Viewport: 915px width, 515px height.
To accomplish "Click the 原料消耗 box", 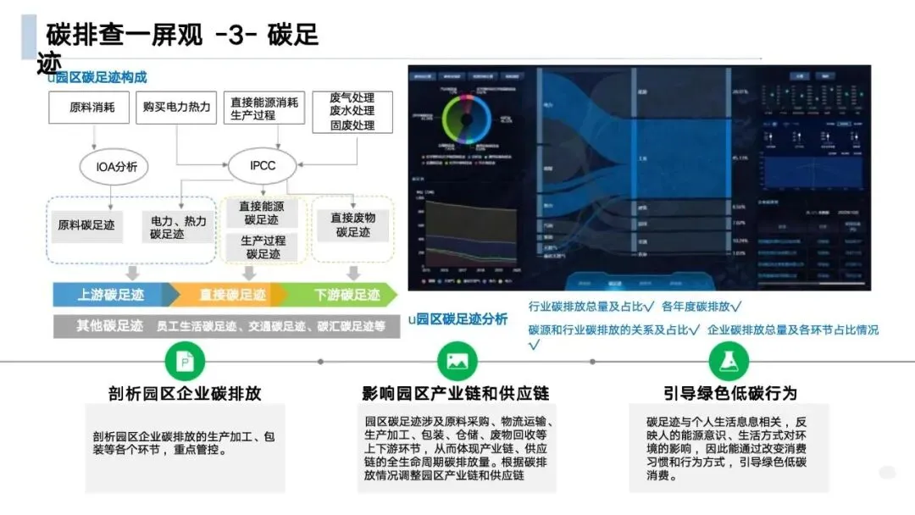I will (x=88, y=108).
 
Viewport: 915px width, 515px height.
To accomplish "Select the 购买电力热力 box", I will (x=176, y=108).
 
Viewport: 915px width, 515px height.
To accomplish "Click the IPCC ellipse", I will (x=263, y=166).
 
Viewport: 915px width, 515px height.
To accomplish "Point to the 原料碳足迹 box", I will (x=86, y=225).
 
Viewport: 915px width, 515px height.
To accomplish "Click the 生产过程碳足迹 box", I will (x=263, y=246).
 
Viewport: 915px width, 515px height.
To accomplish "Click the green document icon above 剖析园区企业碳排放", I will (x=185, y=362).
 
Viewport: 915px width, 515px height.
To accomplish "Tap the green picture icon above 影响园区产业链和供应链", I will (x=457, y=362).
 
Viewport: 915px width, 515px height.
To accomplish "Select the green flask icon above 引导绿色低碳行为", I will (x=729, y=362).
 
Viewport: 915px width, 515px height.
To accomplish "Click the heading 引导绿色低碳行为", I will (x=730, y=393).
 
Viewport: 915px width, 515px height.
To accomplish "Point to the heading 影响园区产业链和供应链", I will (x=456, y=394).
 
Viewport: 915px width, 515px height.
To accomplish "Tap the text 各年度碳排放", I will (x=701, y=307).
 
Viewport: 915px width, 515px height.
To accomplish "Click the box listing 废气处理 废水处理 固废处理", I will (x=352, y=112).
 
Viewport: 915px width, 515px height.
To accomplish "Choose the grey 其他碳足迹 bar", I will (x=225, y=325).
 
